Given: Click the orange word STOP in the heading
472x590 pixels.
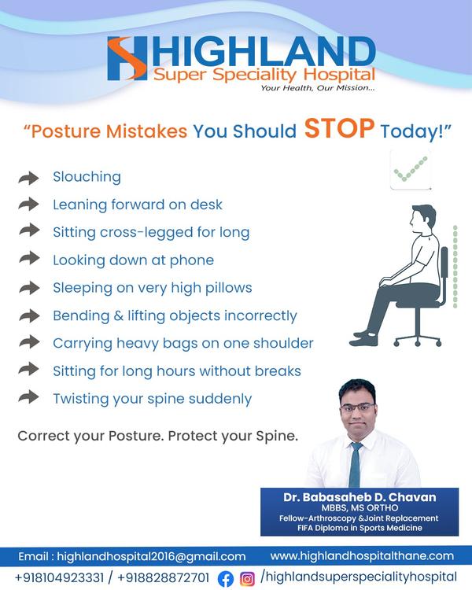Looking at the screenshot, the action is click(339, 129).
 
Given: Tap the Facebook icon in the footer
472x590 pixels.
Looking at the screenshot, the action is click(226, 579).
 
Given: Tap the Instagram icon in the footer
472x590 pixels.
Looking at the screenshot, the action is click(247, 579).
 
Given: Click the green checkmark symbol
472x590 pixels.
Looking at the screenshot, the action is click(411, 169).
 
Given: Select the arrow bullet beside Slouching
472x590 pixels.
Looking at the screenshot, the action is click(28, 178).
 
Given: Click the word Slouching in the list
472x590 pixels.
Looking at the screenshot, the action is click(87, 177).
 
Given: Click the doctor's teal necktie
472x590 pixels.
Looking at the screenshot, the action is click(355, 465).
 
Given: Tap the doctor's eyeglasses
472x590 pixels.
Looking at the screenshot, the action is click(358, 407).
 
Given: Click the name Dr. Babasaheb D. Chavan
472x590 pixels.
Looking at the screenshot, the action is click(360, 497).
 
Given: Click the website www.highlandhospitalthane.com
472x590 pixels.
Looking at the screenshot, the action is click(362, 556).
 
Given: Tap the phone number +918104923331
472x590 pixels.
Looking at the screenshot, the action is click(59, 577).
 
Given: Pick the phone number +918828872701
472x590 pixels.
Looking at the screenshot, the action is click(164, 577).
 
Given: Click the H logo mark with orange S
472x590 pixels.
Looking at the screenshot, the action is click(127, 58).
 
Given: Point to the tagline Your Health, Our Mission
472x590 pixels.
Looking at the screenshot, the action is click(318, 88).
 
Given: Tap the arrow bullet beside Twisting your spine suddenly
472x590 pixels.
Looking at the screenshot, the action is click(28, 397).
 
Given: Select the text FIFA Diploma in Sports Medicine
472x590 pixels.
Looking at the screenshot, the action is click(360, 528).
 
